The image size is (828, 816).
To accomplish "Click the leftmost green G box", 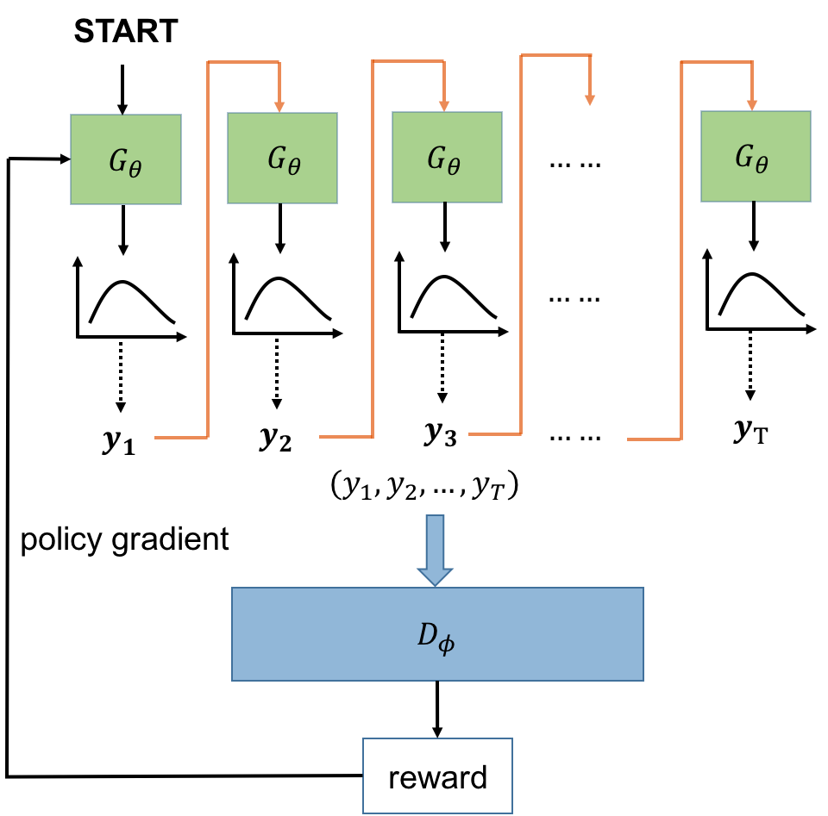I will pos(126,159).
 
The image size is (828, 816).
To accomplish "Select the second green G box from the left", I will pos(282,159).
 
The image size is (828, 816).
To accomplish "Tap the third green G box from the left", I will pos(447,158).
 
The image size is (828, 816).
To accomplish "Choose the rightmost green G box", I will pos(756,156).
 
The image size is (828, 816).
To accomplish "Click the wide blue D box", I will pos(437,634).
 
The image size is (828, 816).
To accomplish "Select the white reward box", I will pos(437,776).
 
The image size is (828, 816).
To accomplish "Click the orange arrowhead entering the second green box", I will pos(279,106).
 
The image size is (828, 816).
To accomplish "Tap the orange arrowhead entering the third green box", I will pos(444,105).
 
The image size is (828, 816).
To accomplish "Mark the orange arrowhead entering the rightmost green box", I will pos(752,104).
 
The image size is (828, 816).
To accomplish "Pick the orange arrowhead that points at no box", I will pos(590,100).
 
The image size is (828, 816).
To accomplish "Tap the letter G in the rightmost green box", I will pos(743,156).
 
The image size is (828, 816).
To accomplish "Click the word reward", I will pos(437,777).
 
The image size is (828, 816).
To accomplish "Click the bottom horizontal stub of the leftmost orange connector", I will pos(181,438).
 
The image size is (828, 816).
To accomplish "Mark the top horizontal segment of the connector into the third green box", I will pos(408,61).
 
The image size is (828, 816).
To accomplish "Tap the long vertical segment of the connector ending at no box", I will pos(522,241).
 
